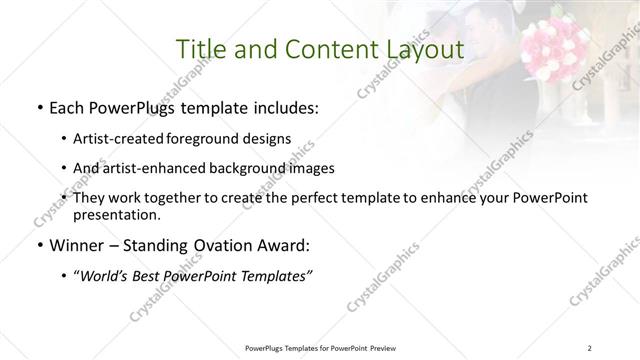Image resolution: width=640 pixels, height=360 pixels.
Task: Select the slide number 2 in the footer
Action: coord(591,348)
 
